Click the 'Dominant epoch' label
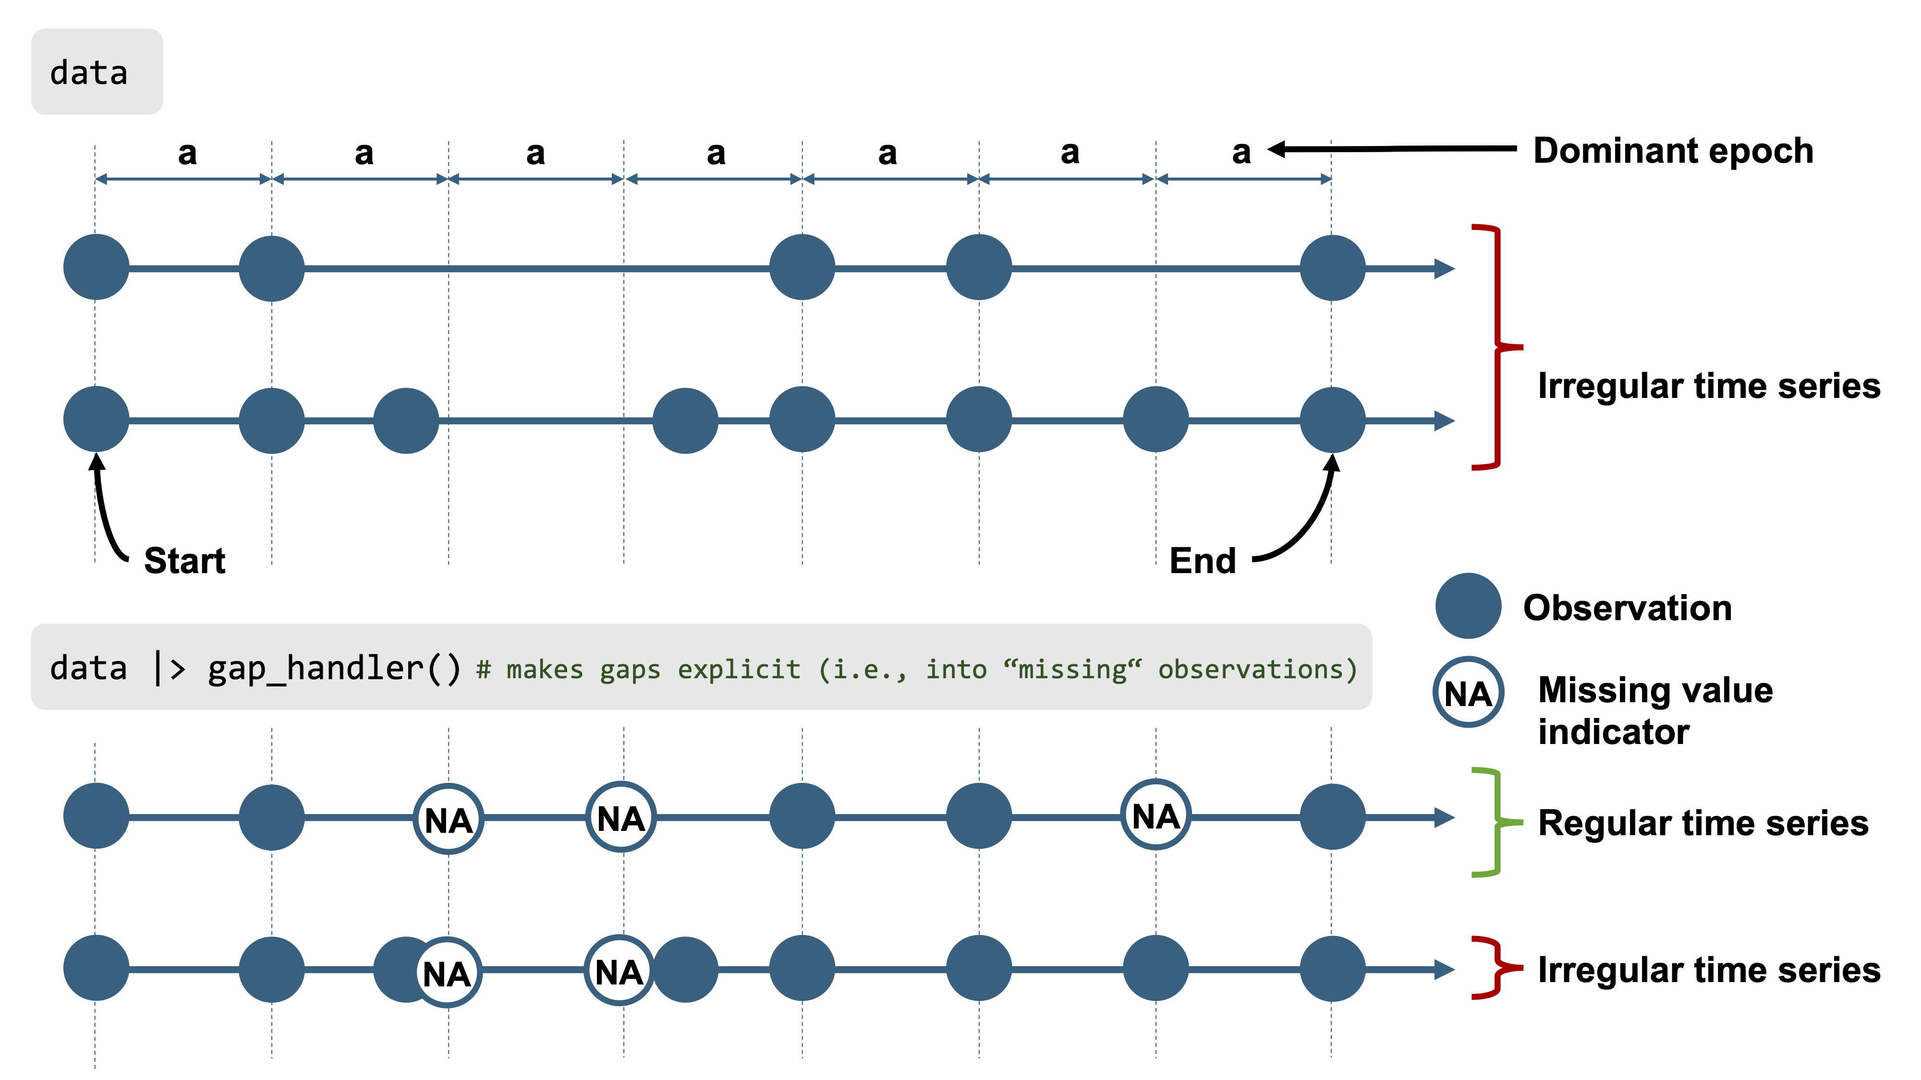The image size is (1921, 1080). coord(1673,151)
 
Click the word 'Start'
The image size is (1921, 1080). coord(184,561)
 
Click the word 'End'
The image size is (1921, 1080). coord(1202,561)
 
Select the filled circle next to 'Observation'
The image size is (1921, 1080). coord(1468,606)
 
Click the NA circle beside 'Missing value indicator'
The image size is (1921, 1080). coord(1468,693)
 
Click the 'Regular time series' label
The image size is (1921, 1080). coord(1703,823)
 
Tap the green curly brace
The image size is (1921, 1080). coord(1488,822)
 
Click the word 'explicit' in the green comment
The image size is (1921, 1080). coord(738,669)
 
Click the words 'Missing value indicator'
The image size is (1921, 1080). coord(1655,710)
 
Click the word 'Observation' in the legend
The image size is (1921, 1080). coord(1627,608)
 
